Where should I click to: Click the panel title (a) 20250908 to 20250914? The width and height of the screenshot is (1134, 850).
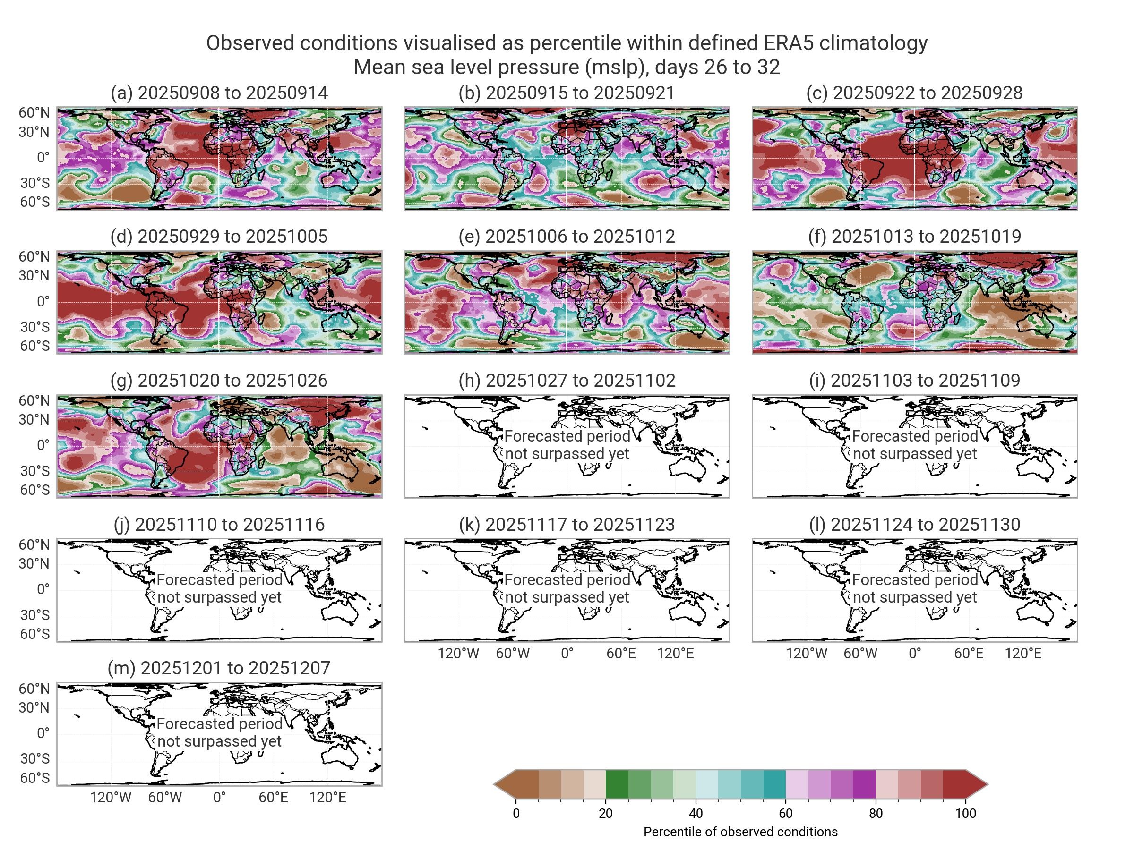(219, 93)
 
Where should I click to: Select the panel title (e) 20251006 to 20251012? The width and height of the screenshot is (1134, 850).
(567, 236)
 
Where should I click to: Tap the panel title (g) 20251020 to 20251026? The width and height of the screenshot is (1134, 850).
(219, 380)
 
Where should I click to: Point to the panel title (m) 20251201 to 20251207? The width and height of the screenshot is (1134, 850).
(219, 668)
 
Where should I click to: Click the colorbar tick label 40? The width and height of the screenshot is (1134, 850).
(696, 813)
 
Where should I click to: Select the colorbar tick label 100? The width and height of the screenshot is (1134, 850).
(965, 813)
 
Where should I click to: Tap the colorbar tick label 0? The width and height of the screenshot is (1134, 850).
(516, 813)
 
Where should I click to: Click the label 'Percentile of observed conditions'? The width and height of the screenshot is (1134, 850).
(740, 832)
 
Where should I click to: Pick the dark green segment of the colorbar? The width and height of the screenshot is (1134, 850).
(617, 784)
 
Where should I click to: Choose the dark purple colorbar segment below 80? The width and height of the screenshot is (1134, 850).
(864, 784)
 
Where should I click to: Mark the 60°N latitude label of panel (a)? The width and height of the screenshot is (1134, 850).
(34, 113)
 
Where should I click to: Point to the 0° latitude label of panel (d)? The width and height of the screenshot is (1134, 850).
(43, 301)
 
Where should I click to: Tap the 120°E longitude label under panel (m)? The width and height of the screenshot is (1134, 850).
(327, 797)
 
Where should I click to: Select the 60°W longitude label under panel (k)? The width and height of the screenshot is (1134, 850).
(513, 653)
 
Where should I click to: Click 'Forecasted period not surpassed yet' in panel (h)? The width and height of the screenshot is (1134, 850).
(567, 445)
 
